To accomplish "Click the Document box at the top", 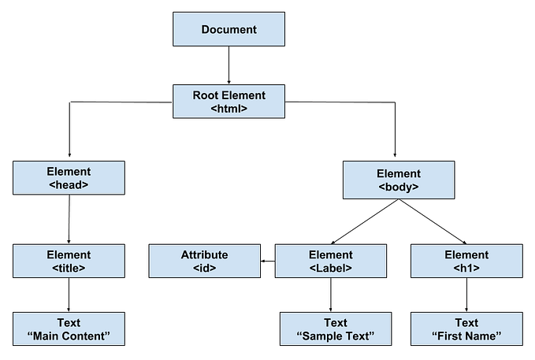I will click(x=228, y=30).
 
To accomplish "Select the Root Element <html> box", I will click(x=228, y=102).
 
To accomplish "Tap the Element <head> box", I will click(x=69, y=178).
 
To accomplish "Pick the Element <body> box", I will click(x=398, y=180).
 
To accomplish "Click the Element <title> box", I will click(x=69, y=261).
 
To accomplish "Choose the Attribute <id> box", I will click(x=204, y=261).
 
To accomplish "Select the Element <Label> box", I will click(x=331, y=261).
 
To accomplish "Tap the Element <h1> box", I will click(x=466, y=261).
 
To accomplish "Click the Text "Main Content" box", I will click(x=69, y=328).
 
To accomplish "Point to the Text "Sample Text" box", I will click(x=335, y=328).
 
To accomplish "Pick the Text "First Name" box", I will click(x=466, y=328).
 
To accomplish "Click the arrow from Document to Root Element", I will click(x=228, y=65).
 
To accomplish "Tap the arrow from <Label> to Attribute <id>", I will click(x=267, y=261).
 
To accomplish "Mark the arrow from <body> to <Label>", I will click(x=364, y=221).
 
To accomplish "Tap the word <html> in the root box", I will click(x=229, y=109).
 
